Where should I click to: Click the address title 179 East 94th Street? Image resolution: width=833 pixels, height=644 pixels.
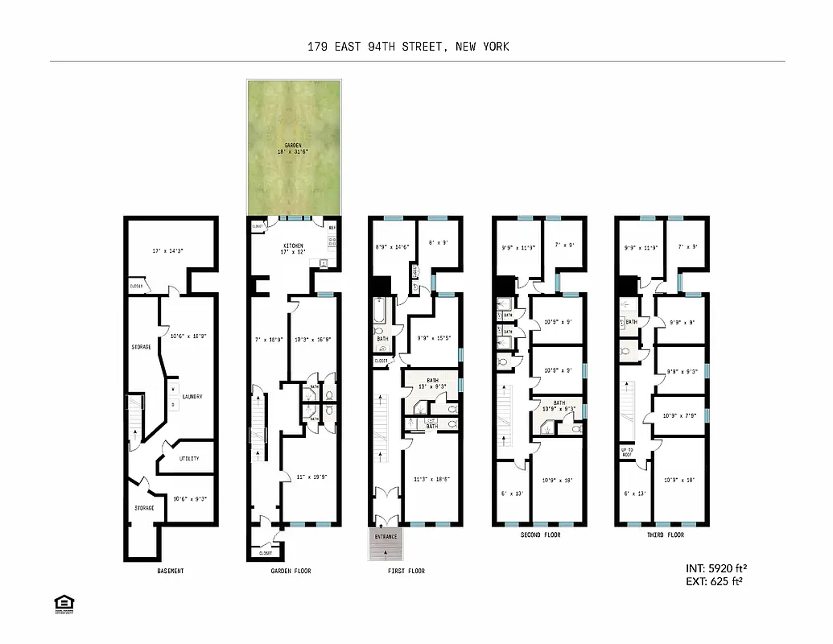pos(408,47)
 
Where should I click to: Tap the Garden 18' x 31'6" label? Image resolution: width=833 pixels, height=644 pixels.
pos(294,148)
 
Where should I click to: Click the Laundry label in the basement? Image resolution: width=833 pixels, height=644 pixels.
pos(192,397)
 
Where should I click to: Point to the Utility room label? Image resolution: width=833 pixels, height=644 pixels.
pos(188,459)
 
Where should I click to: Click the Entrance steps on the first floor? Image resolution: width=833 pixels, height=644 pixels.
pos(386,543)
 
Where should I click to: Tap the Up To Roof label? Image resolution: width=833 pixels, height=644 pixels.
pos(628,452)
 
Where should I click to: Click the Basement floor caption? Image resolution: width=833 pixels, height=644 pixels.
pos(171,571)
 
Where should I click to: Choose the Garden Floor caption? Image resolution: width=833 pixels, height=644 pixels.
pos(291,571)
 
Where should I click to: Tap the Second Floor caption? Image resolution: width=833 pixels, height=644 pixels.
pos(540,535)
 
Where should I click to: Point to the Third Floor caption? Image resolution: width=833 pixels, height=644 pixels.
pos(664,535)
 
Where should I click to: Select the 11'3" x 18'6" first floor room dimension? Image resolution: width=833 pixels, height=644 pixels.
pos(431,479)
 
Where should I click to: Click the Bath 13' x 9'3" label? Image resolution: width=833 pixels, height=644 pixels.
pos(431,383)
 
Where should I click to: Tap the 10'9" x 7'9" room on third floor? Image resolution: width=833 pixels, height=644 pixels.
pos(678,416)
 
